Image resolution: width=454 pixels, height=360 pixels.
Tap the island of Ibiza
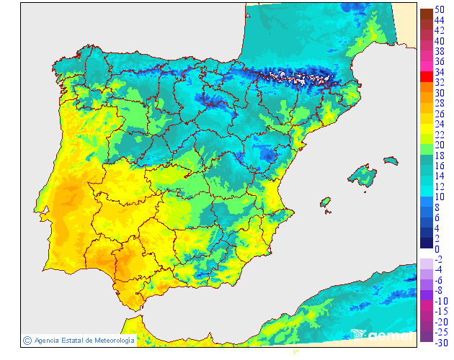coord(325,202)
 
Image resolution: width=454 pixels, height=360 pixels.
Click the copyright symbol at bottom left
coord(26,340)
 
